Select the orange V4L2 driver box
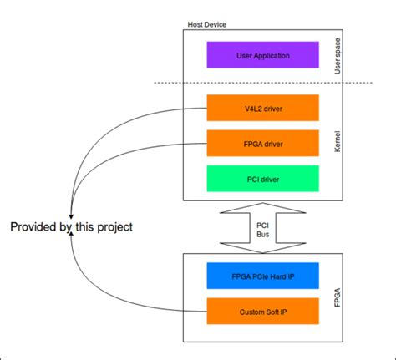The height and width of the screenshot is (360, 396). [x=262, y=108]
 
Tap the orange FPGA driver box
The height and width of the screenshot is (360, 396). [x=262, y=143]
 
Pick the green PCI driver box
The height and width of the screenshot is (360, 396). [x=262, y=178]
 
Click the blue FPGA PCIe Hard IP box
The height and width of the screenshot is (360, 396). [x=262, y=276]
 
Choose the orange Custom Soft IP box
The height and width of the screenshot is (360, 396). [x=262, y=312]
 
